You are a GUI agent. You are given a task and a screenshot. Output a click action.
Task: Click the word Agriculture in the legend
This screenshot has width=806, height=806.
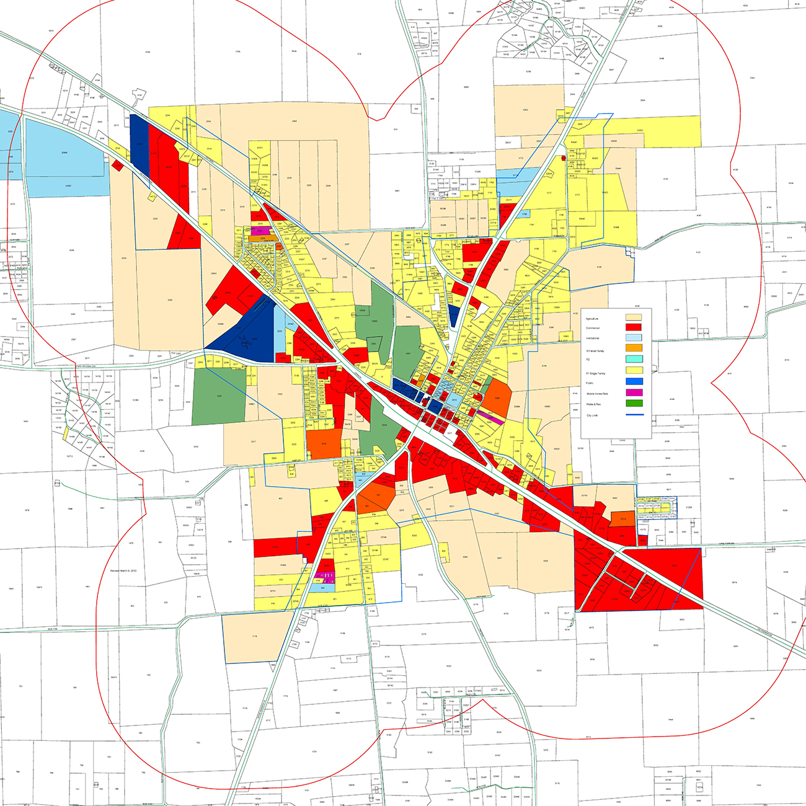coord(591,319)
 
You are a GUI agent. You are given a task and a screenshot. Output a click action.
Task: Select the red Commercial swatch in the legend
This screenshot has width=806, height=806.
coord(633,327)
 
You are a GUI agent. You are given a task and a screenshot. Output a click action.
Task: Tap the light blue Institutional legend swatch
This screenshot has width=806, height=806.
coord(633,338)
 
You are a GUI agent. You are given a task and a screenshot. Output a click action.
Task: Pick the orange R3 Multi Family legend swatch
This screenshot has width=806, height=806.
coord(633,348)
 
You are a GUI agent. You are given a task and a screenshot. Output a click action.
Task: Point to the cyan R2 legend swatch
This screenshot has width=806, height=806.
coord(633,359)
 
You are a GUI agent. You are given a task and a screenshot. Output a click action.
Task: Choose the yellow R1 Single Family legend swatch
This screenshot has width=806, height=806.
coord(633,370)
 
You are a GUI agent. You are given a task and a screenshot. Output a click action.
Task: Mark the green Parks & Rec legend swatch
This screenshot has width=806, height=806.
coord(633,403)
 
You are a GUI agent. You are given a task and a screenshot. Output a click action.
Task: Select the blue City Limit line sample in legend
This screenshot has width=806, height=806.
coord(633,415)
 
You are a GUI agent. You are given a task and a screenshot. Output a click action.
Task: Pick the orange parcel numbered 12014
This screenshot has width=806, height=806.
coord(622,518)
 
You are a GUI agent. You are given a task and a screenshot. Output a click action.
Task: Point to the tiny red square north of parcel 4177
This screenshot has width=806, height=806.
coord(563,157)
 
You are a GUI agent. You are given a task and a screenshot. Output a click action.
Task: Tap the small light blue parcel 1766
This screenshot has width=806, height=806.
coord(525,215)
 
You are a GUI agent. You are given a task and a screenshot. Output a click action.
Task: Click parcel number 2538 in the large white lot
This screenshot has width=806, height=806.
coord(71,250)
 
